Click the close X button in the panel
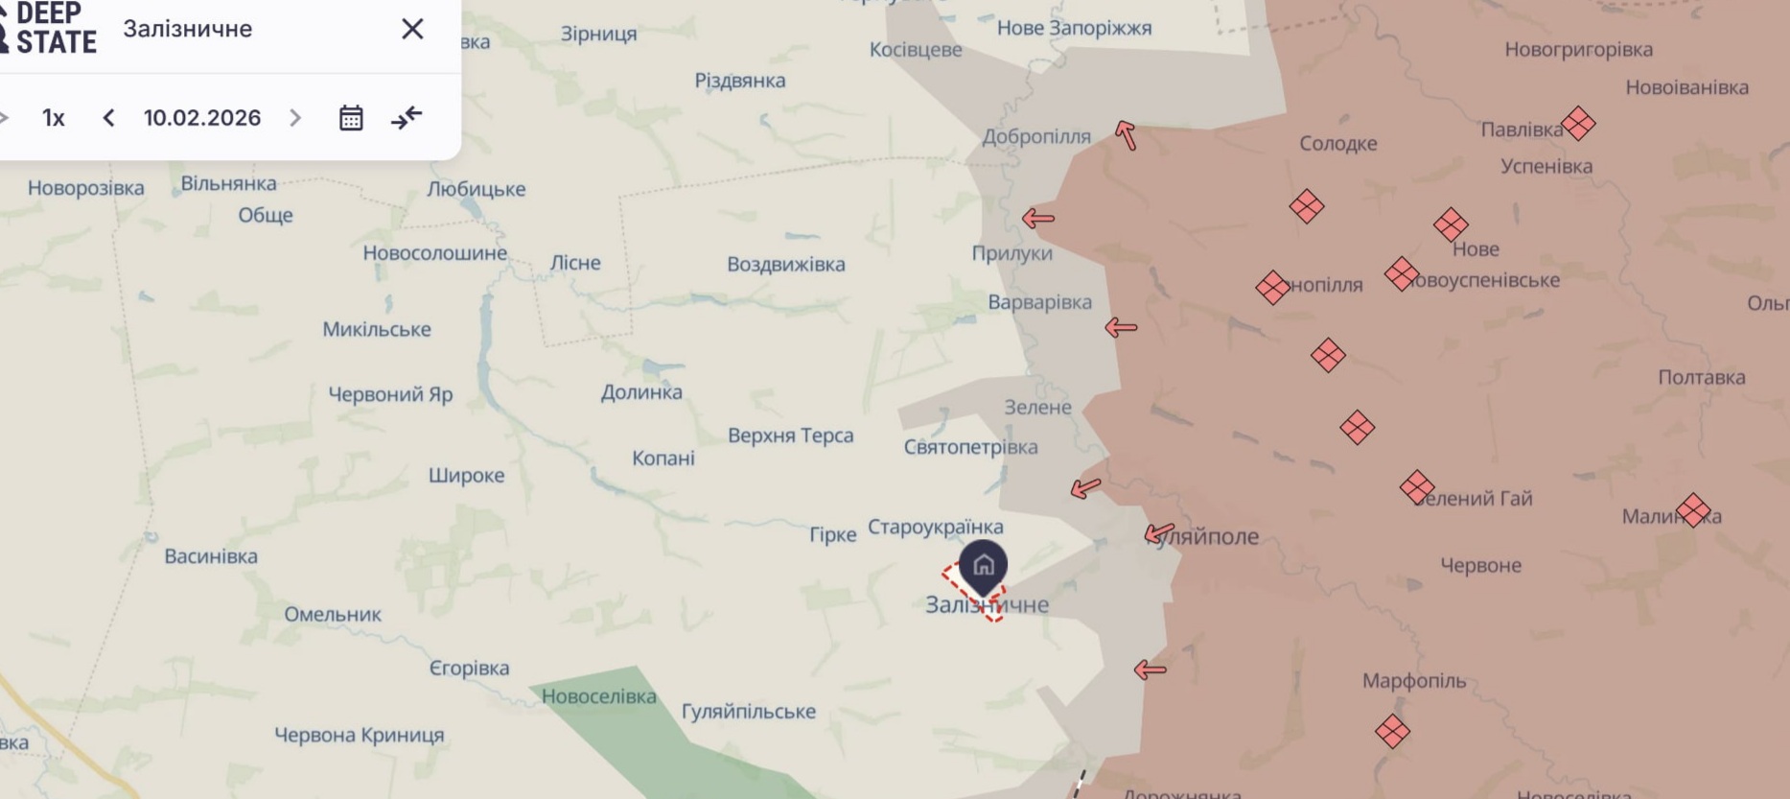(412, 29)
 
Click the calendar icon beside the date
(351, 118)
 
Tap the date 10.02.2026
(202, 118)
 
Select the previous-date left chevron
(108, 118)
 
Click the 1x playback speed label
(54, 118)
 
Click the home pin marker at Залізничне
(983, 565)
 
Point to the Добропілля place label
(1036, 136)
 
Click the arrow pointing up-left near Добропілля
(1126, 135)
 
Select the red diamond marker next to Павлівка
(1578, 124)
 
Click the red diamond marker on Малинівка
(1693, 510)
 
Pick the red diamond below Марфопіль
(1392, 732)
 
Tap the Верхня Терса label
(790, 435)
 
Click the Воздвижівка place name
(786, 264)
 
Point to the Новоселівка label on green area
(599, 696)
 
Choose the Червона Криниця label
(360, 735)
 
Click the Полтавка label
(1702, 377)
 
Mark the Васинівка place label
(211, 556)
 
